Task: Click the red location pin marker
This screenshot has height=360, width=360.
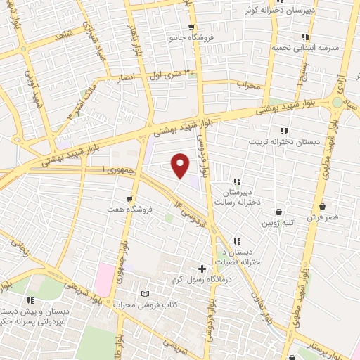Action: pyautogui.click(x=181, y=166)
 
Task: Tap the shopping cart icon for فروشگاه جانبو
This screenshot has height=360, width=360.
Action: pyautogui.click(x=190, y=27)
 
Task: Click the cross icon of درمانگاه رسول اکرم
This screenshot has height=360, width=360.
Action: pyautogui.click(x=202, y=269)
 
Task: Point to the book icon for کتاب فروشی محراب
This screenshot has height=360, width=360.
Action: pyautogui.click(x=146, y=294)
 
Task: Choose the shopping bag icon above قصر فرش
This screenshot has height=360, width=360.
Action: pyautogui.click(x=322, y=207)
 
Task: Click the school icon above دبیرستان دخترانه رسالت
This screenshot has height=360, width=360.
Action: pyautogui.click(x=237, y=181)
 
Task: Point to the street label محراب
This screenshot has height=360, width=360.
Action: pyautogui.click(x=248, y=86)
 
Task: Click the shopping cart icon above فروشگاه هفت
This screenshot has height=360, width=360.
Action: pyautogui.click(x=128, y=198)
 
